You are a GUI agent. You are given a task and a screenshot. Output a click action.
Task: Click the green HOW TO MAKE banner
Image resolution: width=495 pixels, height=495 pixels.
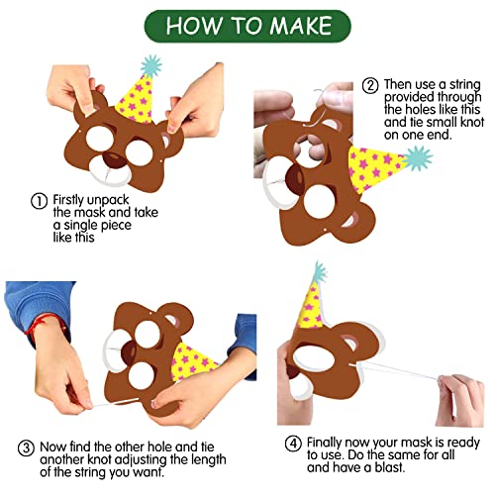(247, 27)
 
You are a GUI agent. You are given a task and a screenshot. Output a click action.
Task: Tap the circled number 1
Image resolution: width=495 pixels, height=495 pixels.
(39, 201)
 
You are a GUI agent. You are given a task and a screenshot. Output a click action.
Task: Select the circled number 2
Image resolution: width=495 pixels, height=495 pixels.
(370, 86)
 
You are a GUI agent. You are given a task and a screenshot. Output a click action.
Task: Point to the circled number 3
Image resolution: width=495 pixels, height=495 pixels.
(26, 448)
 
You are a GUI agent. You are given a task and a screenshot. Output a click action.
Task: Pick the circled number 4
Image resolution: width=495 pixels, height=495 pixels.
(293, 444)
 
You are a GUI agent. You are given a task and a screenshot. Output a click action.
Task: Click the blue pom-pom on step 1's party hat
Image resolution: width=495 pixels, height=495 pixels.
(151, 66)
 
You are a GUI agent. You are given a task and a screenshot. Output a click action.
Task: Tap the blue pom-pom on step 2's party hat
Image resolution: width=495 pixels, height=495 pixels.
(417, 159)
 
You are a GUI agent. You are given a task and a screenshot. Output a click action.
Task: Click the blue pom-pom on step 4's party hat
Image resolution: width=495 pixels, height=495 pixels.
(320, 272)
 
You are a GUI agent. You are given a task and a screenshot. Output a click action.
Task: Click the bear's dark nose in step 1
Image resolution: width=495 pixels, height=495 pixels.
(114, 159)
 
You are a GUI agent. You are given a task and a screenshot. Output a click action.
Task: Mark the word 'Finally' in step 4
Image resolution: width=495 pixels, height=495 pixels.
(324, 443)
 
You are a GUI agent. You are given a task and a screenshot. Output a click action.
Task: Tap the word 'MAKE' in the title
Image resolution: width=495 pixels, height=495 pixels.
(301, 26)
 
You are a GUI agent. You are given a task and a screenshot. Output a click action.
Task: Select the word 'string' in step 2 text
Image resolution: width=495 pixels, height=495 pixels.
(465, 85)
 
